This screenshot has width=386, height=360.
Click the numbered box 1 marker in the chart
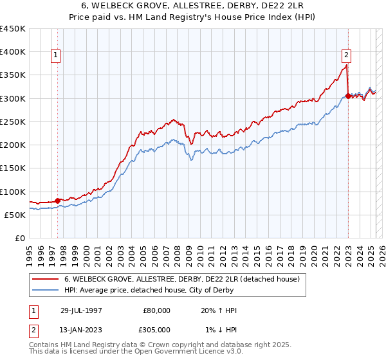coord(57,56)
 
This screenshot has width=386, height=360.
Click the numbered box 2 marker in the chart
coord(346,56)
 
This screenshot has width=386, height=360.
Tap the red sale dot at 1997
coord(58,201)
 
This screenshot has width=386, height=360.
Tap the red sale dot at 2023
coord(348,96)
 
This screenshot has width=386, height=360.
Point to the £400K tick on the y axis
coord(13,52)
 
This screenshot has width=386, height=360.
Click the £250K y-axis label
coord(13,122)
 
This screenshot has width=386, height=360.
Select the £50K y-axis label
coord(15,215)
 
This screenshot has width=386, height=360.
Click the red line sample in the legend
coord(45,280)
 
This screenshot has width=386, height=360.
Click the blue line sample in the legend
coord(45,291)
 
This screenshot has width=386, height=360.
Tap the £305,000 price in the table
coord(156,329)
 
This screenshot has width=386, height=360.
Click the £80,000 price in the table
coord(156,310)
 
